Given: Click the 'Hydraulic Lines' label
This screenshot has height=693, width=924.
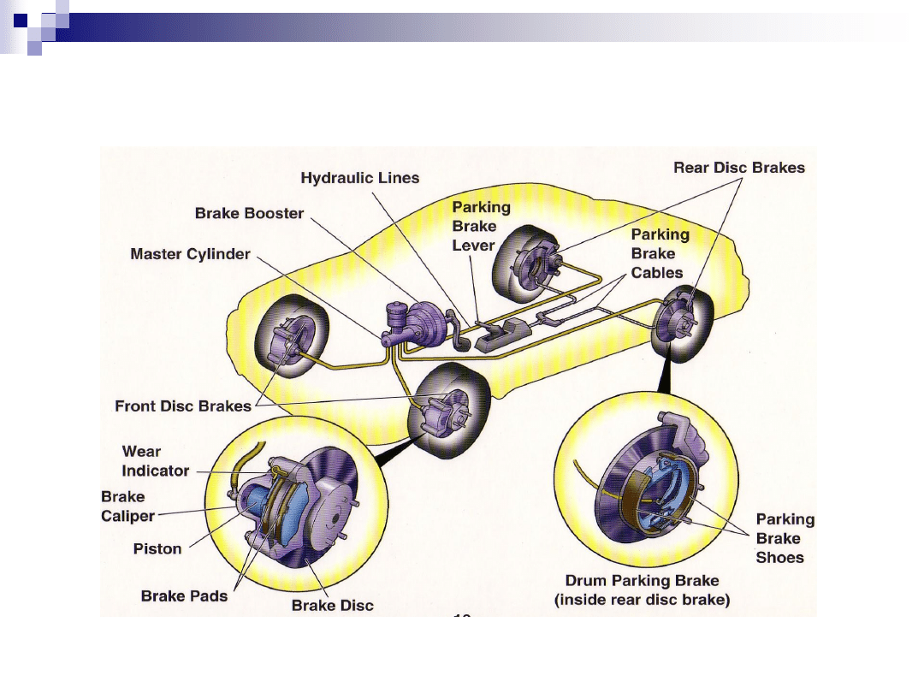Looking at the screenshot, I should (360, 178).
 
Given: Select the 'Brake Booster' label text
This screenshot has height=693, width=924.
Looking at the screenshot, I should (249, 213).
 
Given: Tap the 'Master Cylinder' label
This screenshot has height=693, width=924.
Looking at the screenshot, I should (190, 254).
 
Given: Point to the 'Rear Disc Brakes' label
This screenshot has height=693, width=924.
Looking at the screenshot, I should (739, 168).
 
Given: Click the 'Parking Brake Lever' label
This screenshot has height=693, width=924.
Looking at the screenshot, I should (481, 226).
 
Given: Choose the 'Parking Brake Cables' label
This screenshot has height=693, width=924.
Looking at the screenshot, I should (660, 253).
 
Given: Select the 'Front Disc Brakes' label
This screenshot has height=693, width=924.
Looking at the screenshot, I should (183, 406).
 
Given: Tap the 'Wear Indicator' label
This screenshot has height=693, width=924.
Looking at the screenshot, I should (155, 460).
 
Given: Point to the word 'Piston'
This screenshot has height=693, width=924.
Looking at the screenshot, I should (157, 548).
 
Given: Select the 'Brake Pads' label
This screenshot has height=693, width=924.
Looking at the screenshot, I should (184, 595).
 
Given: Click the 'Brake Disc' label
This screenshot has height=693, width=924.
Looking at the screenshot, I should (333, 605).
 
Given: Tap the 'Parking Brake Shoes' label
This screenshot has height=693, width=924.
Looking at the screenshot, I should (785, 538).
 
